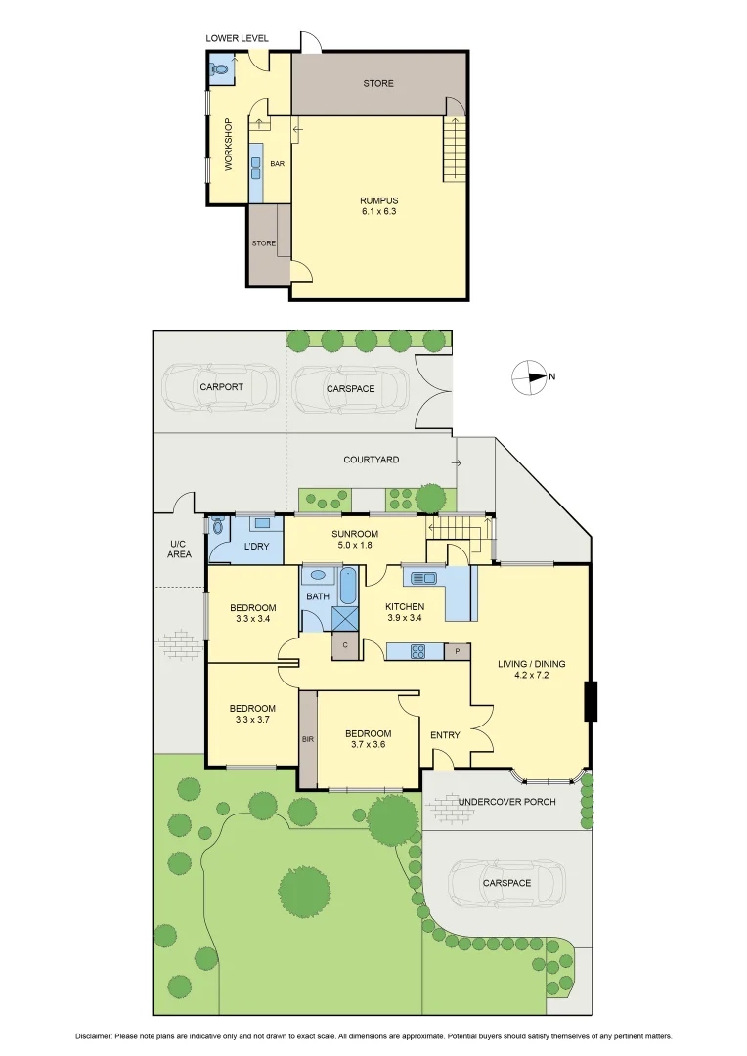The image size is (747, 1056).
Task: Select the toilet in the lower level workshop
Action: click(x=221, y=70)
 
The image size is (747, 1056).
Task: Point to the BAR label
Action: click(x=277, y=163)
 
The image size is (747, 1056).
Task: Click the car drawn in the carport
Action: click(x=219, y=387)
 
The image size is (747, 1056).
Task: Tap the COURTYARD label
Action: click(x=371, y=459)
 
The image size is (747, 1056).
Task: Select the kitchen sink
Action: click(x=423, y=578)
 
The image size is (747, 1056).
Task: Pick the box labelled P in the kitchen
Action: click(x=457, y=651)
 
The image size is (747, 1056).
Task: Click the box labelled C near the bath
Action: click(x=344, y=645)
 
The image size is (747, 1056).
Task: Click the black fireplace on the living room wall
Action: click(x=591, y=701)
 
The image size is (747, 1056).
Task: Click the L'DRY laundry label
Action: click(x=256, y=546)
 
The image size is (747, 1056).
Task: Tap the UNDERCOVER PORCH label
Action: click(x=519, y=802)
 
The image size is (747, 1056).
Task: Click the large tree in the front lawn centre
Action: click(x=303, y=888)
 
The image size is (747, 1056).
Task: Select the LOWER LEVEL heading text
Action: click(x=237, y=38)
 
